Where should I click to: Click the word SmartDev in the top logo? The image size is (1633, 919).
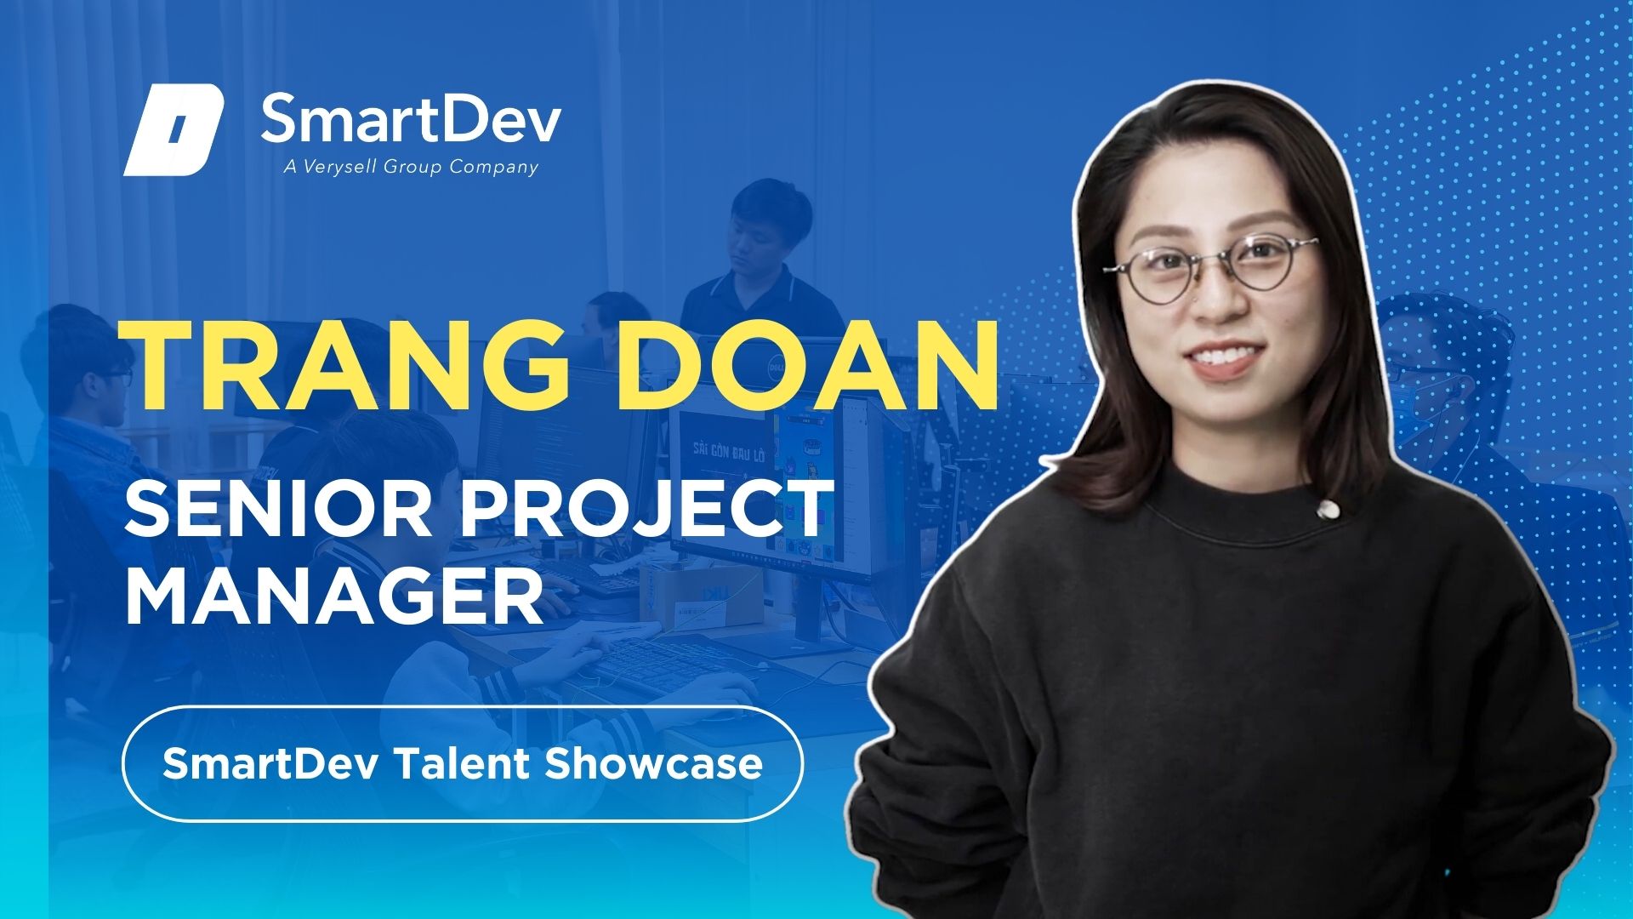pos(410,119)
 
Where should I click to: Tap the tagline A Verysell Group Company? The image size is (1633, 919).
pos(411,167)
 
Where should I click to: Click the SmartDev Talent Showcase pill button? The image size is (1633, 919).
pos(463,763)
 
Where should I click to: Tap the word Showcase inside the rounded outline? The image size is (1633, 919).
pos(653,763)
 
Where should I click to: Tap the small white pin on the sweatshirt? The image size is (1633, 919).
pos(1324,510)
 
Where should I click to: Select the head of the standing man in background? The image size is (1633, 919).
pos(760,223)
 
